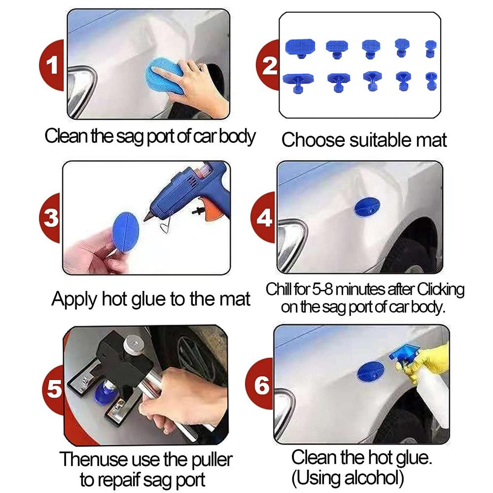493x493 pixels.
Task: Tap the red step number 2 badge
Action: (270, 66)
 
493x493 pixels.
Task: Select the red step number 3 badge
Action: (51, 217)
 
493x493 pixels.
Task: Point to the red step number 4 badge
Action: (265, 217)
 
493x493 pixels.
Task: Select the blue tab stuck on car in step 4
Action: (366, 208)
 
